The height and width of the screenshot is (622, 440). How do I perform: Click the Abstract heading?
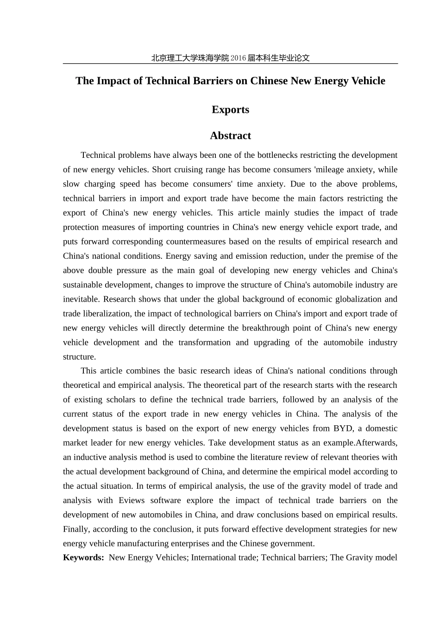(230, 136)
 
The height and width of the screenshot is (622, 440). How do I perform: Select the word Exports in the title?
(230, 110)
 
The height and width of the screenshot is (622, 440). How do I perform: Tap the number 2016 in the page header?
(238, 58)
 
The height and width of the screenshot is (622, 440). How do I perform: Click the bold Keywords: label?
(83, 558)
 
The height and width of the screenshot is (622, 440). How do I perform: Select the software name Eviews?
(132, 500)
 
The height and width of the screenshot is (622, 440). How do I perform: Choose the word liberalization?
(107, 314)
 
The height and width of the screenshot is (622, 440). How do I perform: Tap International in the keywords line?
(214, 558)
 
